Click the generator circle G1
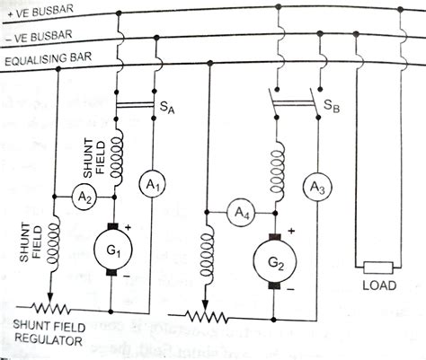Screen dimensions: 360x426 115,247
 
